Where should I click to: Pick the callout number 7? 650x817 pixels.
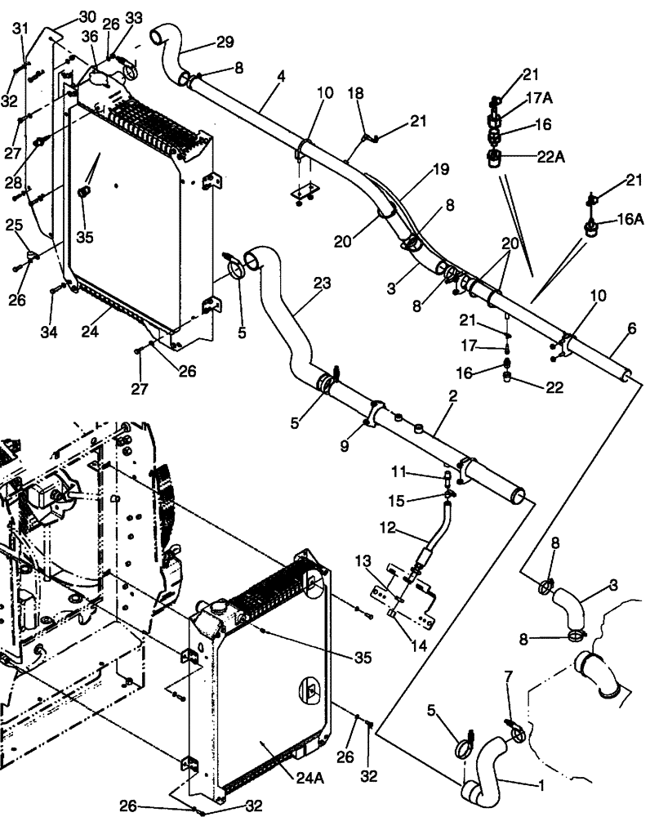pos(510,677)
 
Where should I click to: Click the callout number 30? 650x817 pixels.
pos(87,17)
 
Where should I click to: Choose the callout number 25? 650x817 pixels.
pos(14,224)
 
